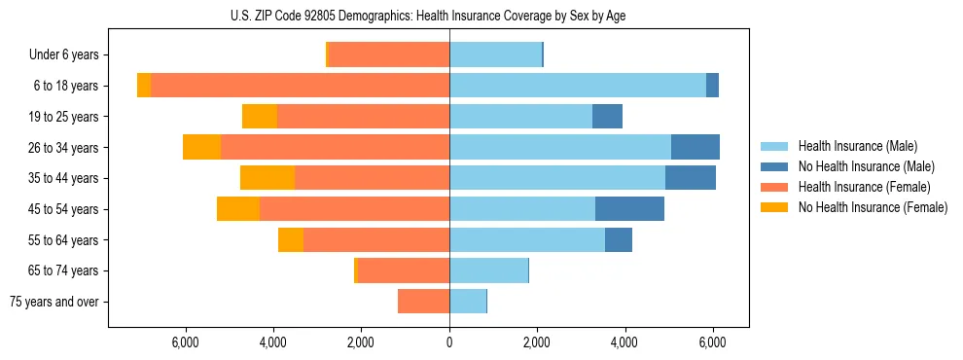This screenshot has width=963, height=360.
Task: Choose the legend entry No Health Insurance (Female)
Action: pos(873,207)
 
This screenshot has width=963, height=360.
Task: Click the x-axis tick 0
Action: pos(449,342)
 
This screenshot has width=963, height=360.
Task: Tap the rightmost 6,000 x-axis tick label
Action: pos(712,342)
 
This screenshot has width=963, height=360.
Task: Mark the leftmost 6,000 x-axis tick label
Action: pos(186,342)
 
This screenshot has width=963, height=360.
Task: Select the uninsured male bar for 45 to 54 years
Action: pos(629,209)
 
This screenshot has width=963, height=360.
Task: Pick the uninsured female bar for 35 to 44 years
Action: pos(267,178)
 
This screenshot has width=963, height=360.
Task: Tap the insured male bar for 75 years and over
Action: pos(468,302)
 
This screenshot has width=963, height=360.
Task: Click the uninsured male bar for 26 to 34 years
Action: pos(695,147)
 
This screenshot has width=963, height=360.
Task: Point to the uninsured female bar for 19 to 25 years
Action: pos(260,117)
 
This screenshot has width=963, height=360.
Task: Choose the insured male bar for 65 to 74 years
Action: pos(488,270)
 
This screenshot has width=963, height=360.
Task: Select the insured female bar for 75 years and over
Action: pos(423,302)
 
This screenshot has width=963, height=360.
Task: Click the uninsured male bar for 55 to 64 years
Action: pos(619,239)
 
